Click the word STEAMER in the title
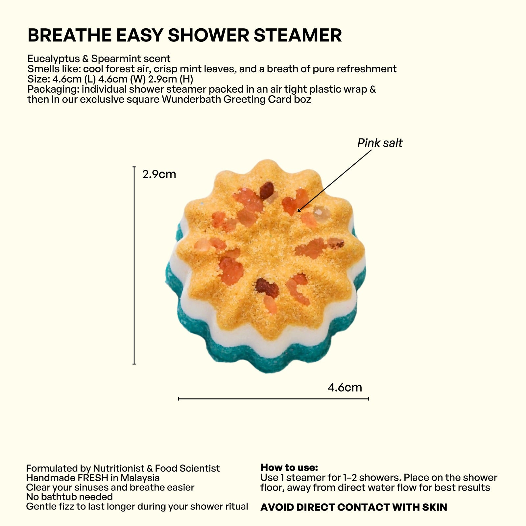click(298, 36)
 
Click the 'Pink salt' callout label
click(380, 143)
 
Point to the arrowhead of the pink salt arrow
click(299, 210)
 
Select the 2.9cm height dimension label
click(159, 174)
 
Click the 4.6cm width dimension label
click(345, 387)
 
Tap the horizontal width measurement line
click(273, 399)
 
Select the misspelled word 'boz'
click(302, 99)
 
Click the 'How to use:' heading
click(289, 467)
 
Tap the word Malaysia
click(140, 478)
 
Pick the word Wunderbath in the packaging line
click(192, 99)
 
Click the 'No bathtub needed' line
click(69, 497)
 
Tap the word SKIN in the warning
click(435, 507)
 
